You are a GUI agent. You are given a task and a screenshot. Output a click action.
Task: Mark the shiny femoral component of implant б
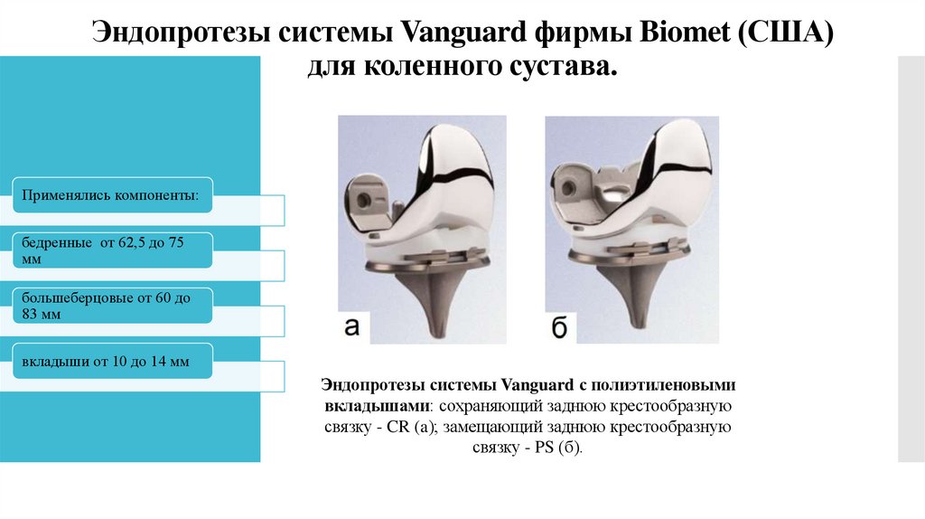tap(664, 167)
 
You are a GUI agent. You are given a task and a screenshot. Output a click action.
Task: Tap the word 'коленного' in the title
tap(436, 69)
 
